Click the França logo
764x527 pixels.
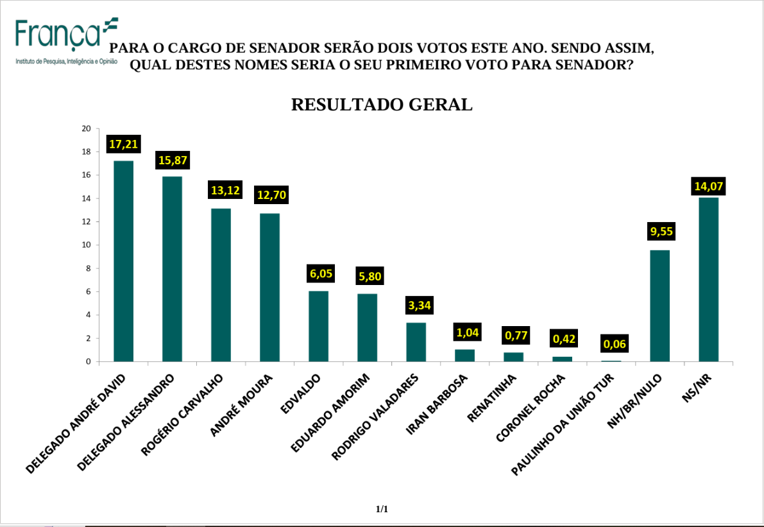point(67,42)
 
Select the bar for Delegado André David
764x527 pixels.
point(123,261)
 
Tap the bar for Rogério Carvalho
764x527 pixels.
point(221,285)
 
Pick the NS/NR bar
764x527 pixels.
point(708,279)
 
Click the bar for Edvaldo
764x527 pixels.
point(319,326)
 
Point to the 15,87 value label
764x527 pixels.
point(173,160)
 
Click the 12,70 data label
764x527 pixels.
point(271,195)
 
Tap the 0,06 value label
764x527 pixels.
point(615,344)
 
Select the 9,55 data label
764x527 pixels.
point(661,231)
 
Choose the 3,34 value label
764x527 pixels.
point(420,306)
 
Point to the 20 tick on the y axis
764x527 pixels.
point(86,129)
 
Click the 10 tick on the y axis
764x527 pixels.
point(86,245)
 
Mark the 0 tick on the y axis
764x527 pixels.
point(89,361)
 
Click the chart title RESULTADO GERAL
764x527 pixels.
point(382,105)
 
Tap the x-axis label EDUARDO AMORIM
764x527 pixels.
point(330,413)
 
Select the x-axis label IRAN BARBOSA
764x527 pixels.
point(437,404)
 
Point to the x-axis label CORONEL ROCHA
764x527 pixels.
point(530,408)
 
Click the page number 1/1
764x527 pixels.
point(382,509)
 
